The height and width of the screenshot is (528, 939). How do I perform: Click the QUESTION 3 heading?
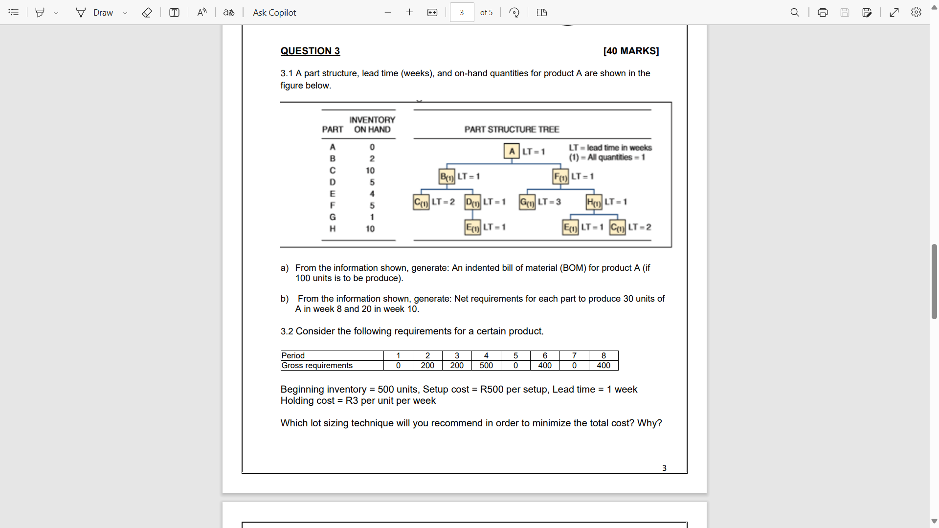(x=310, y=51)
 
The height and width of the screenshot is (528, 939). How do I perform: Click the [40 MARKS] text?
(x=631, y=51)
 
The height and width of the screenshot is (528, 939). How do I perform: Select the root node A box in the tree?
(x=512, y=151)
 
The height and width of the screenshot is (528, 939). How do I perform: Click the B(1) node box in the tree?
(x=447, y=176)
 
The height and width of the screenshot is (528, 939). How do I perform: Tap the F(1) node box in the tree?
(x=560, y=176)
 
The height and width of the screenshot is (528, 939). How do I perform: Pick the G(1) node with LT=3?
(x=527, y=202)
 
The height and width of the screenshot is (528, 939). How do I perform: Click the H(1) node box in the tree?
(x=594, y=202)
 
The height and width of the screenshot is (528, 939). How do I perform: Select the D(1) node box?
(x=472, y=202)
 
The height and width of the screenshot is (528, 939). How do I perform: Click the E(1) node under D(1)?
(x=472, y=227)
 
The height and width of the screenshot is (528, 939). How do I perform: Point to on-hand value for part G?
(x=372, y=217)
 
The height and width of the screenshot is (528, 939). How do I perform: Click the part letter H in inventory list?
(x=333, y=229)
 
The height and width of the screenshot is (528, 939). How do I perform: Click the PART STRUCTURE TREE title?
(x=512, y=130)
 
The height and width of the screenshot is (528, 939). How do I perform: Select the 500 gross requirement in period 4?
(x=486, y=366)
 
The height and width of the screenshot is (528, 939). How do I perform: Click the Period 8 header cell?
(x=604, y=355)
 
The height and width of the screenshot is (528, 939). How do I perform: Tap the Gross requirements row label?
(x=317, y=366)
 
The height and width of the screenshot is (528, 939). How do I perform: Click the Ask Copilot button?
(x=274, y=13)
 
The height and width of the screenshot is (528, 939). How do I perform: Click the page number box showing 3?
(x=462, y=13)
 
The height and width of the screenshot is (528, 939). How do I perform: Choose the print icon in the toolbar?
(x=823, y=13)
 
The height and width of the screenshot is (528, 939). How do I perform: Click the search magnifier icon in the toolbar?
(x=795, y=13)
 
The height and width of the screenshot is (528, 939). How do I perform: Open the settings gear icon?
(x=916, y=13)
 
